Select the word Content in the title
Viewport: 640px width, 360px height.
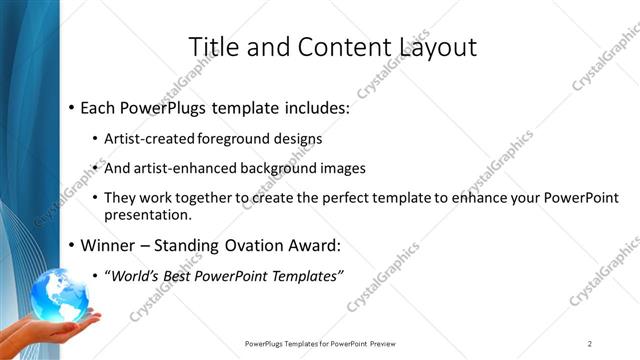tap(335, 47)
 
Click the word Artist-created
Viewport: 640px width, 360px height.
tap(149, 139)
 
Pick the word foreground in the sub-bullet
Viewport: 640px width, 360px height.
tap(232, 139)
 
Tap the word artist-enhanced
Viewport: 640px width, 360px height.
tap(179, 168)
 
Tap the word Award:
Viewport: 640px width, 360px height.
tap(311, 245)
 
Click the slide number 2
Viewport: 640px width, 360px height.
tap(590, 343)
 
